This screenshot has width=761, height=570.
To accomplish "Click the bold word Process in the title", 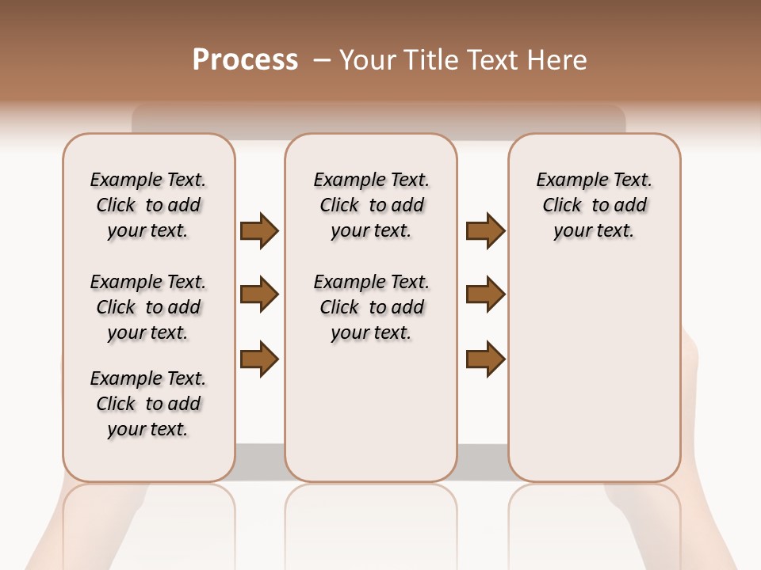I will click(245, 60).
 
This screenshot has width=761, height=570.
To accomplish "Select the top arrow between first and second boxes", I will click(259, 230).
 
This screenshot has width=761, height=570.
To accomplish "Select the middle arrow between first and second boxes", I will click(259, 295).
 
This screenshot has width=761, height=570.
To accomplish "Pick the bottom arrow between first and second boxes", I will click(259, 359).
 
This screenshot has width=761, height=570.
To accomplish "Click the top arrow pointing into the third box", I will click(485, 230).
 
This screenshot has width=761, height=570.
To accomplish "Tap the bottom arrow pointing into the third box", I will click(485, 359).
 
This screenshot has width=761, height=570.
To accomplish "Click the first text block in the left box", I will click(148, 205).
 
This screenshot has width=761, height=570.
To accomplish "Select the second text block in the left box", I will click(148, 307).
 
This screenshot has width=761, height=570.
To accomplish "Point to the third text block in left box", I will click(148, 404).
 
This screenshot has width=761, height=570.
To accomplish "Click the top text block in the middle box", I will click(371, 205).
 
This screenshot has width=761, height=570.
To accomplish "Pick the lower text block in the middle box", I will click(371, 307).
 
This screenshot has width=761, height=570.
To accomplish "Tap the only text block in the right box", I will click(594, 205).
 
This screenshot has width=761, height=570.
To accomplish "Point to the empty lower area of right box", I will click(594, 372).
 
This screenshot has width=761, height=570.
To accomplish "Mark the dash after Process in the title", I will click(321, 60).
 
